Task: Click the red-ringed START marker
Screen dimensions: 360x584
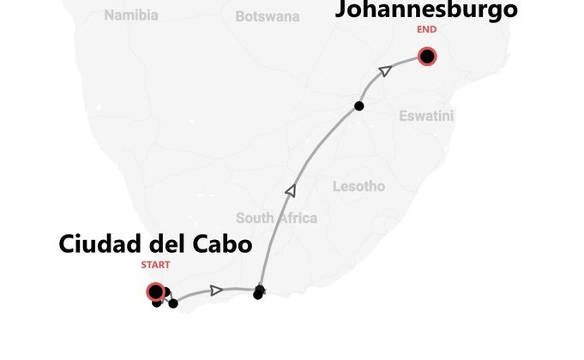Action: [x=155, y=291]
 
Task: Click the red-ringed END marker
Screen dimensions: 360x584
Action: [x=426, y=57]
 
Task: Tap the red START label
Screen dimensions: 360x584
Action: [x=155, y=265]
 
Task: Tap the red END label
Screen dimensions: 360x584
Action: [x=426, y=29]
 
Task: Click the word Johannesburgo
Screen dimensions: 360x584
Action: [x=426, y=9]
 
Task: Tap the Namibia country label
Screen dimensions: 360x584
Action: [x=131, y=15]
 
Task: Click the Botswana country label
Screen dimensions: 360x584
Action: [x=268, y=16]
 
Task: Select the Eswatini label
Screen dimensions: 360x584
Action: [x=426, y=116]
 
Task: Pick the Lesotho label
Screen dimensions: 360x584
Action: [x=358, y=186]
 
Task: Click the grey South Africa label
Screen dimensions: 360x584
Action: [x=276, y=218]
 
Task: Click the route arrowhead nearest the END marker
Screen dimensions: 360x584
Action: [x=385, y=70]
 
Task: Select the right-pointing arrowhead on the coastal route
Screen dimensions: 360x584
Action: [x=217, y=290]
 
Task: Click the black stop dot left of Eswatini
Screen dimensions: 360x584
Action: [x=358, y=106]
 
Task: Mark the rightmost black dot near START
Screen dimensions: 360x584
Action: [x=173, y=303]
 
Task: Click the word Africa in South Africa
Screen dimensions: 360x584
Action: [x=297, y=218]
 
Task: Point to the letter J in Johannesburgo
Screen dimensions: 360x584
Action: [x=342, y=9]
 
